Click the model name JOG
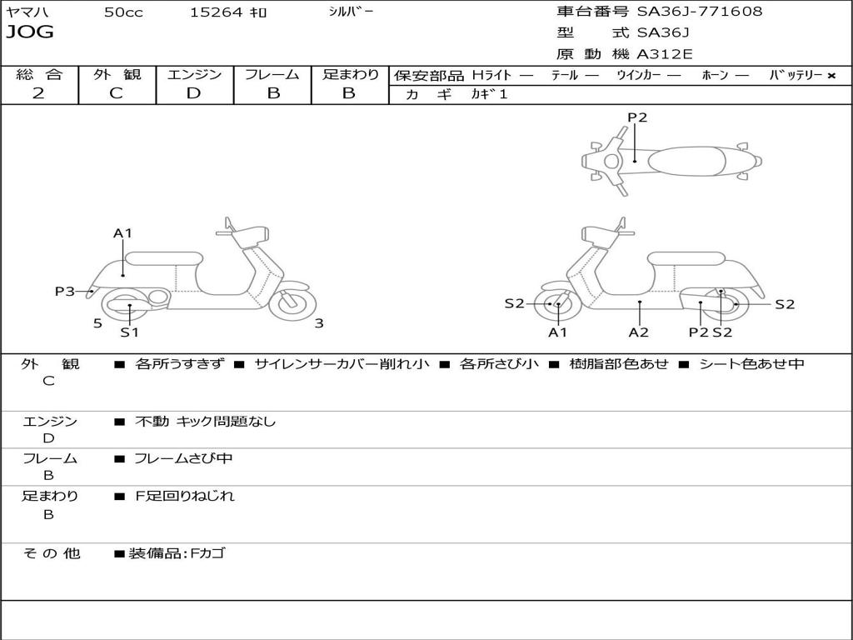click(30, 32)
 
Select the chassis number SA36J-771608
click(700, 12)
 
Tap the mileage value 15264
click(217, 12)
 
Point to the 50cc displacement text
click(123, 12)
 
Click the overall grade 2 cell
click(38, 93)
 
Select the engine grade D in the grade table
click(193, 93)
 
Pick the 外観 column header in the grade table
click(117, 75)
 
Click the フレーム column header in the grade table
click(272, 75)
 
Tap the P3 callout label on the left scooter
click(65, 291)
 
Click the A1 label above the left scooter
click(123, 233)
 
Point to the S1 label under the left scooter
click(129, 332)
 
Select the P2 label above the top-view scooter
click(637, 117)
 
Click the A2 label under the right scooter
click(639, 332)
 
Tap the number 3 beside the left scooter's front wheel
click(319, 323)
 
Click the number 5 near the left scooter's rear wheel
click(97, 323)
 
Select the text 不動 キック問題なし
click(205, 422)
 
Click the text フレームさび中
click(183, 458)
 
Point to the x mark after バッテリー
click(831, 76)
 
